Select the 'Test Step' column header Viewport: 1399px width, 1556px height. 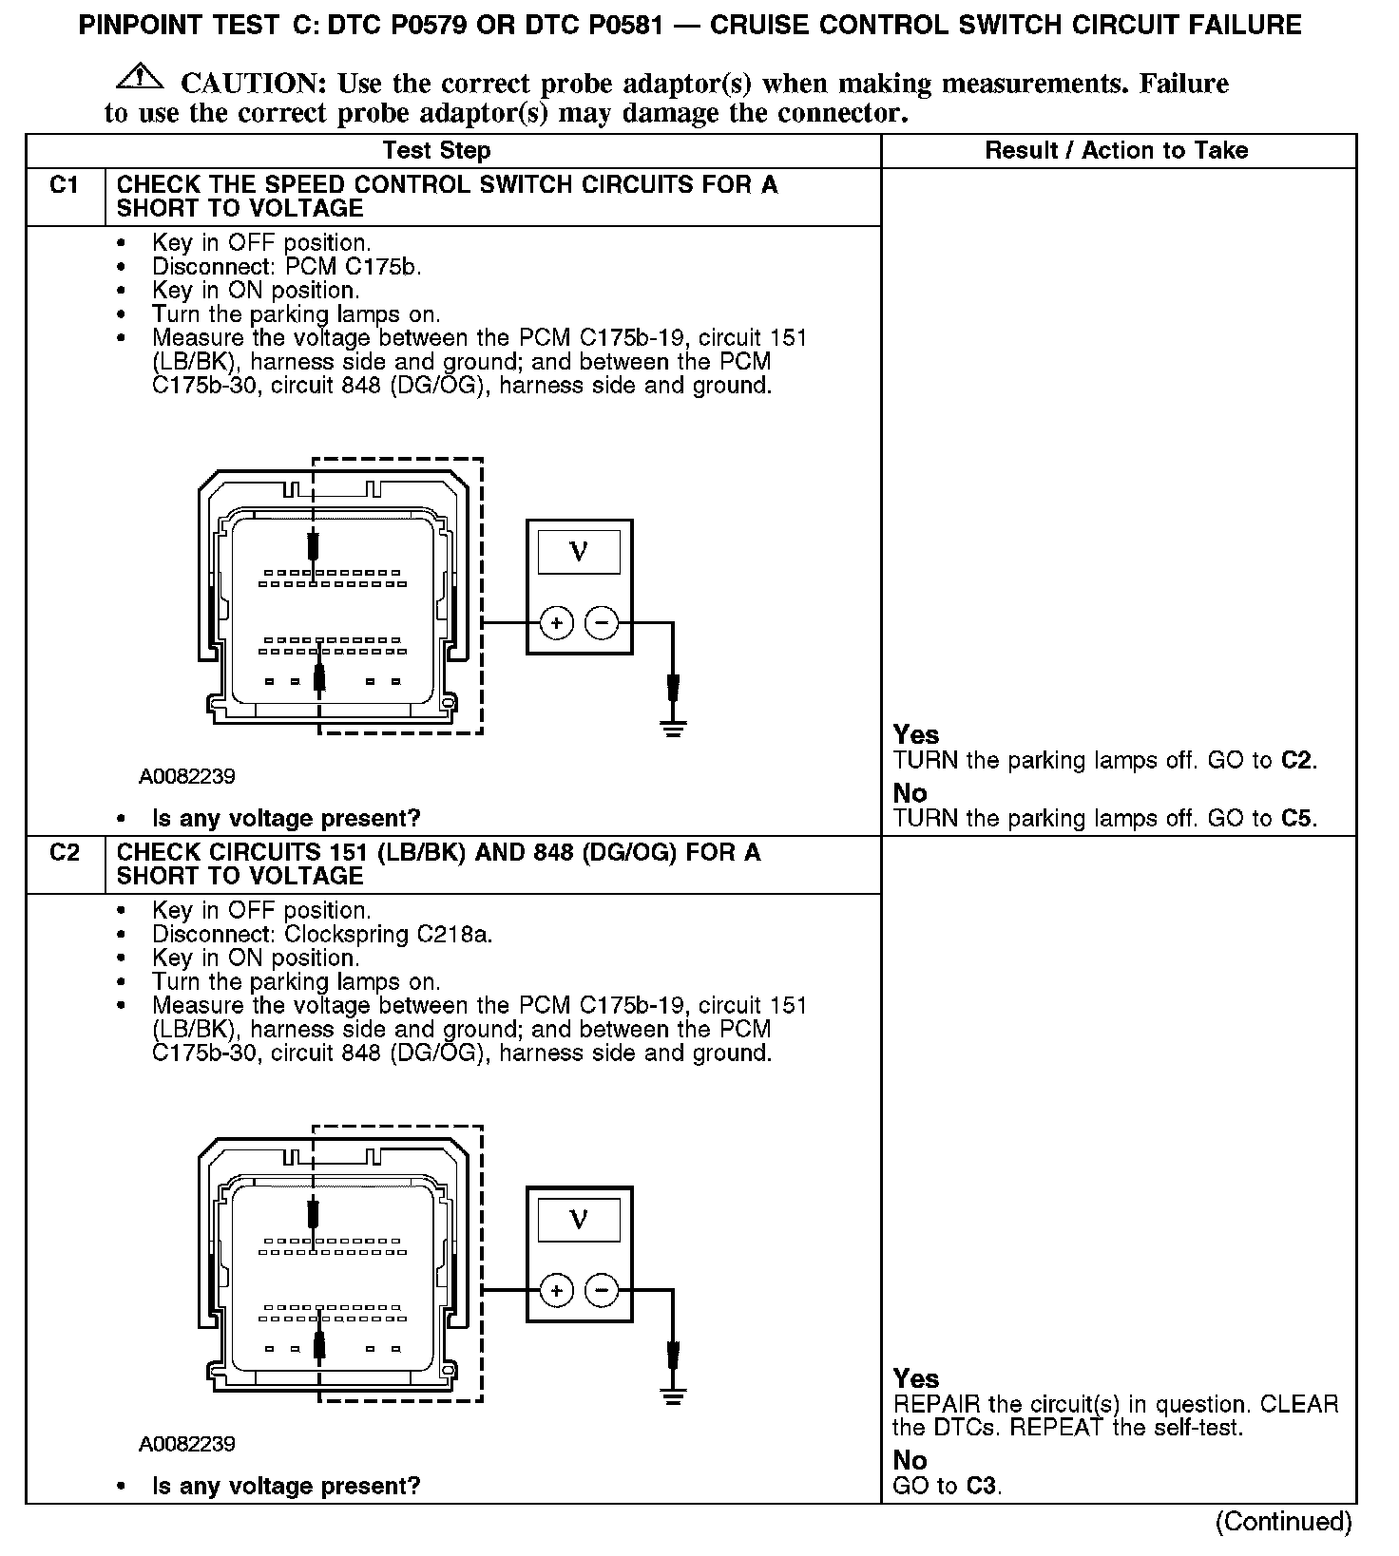click(436, 150)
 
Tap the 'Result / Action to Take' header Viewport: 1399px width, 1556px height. click(1116, 150)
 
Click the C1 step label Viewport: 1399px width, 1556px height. click(64, 184)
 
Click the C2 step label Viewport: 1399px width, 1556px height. click(64, 852)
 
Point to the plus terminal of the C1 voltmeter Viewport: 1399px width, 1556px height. click(556, 623)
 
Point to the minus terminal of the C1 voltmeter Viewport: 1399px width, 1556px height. click(601, 623)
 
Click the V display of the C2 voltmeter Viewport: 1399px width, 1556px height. click(578, 1219)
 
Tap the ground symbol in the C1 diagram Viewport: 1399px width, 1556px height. click(674, 730)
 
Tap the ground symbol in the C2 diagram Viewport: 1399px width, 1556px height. click(674, 1396)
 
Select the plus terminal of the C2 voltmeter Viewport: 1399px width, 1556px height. click(556, 1290)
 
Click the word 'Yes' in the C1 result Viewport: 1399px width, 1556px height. click(915, 734)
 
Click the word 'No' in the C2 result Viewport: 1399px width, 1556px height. click(910, 1460)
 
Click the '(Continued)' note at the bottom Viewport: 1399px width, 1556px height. click(1283, 1522)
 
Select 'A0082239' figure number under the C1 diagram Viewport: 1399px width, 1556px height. click(187, 776)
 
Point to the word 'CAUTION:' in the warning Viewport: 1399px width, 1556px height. click(254, 84)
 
